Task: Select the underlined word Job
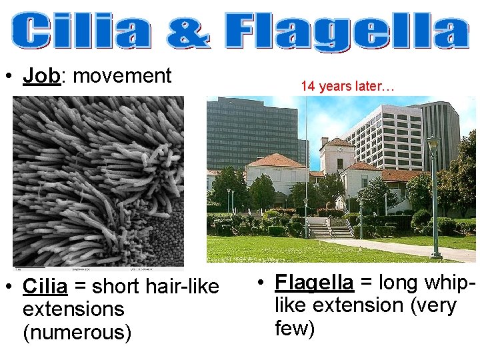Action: tap(41, 76)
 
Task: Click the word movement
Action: tap(122, 76)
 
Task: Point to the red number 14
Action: tap(307, 86)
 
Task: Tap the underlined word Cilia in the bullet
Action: tap(45, 287)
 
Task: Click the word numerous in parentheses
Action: tap(77, 331)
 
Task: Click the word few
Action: tap(294, 327)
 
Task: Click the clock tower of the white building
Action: tap(336, 153)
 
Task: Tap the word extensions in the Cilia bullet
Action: tap(73, 309)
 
